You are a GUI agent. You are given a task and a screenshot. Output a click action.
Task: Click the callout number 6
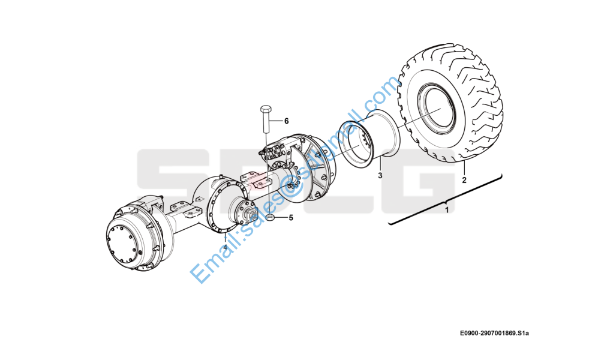(x=286, y=121)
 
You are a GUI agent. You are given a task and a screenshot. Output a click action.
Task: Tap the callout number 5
(x=290, y=218)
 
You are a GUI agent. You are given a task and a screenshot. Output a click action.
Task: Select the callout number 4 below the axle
(x=226, y=247)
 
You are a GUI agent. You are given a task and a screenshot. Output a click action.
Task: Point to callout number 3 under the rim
(x=379, y=176)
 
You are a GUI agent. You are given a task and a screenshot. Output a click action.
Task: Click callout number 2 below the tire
(x=464, y=179)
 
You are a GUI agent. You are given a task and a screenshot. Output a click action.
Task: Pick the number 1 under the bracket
(x=446, y=211)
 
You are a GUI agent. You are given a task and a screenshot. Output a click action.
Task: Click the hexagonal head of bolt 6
(x=266, y=110)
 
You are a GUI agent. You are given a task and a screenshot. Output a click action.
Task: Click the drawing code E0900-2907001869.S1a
(x=495, y=333)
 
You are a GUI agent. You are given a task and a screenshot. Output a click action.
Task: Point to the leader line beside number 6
(x=277, y=121)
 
